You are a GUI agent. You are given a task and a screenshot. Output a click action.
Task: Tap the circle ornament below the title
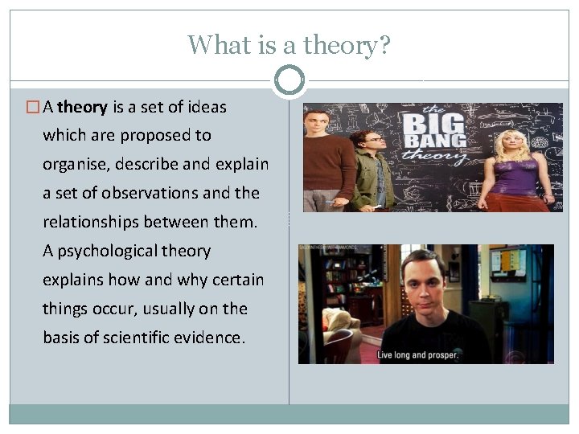289,80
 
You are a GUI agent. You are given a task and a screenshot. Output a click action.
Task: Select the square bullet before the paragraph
34,107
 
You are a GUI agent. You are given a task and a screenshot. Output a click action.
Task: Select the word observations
161,193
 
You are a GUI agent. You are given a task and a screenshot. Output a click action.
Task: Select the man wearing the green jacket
372,169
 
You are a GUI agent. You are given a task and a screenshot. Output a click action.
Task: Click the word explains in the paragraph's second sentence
73,280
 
